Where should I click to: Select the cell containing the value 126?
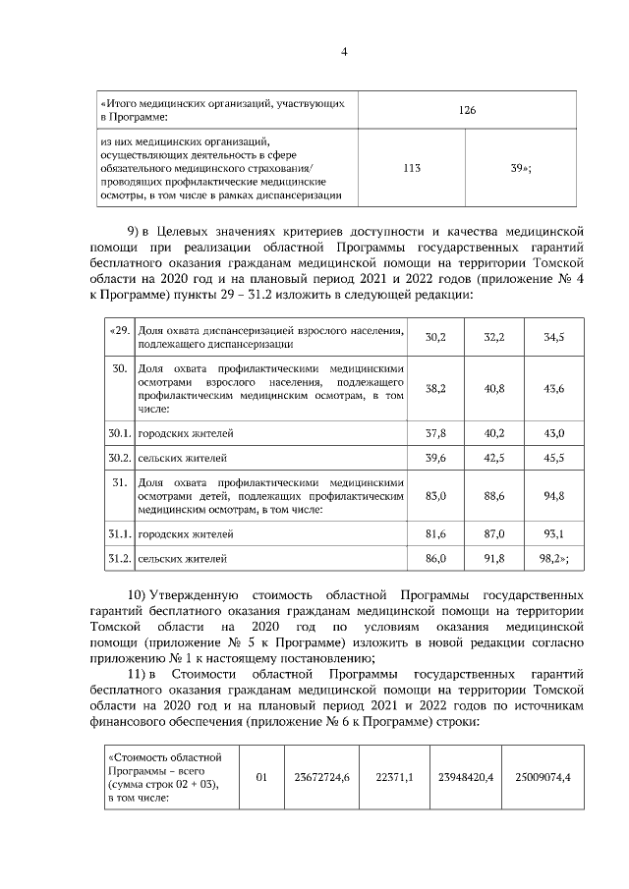[x=467, y=110]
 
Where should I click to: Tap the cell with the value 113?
[x=413, y=168]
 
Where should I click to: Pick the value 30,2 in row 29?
[x=435, y=337]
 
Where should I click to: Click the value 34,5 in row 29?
[x=554, y=337]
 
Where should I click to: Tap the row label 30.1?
[x=119, y=432]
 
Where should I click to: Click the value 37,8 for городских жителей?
[x=435, y=432]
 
